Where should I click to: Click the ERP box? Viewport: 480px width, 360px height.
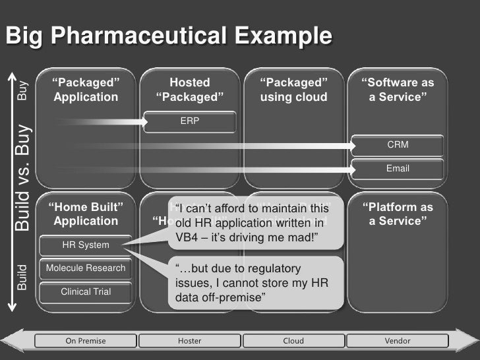pyautogui.click(x=190, y=121)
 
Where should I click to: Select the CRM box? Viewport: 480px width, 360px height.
pyautogui.click(x=398, y=144)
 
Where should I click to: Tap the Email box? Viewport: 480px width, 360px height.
pyautogui.click(x=398, y=169)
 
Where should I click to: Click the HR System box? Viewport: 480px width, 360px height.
pyautogui.click(x=86, y=245)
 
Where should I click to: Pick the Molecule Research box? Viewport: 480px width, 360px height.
pyautogui.click(x=86, y=268)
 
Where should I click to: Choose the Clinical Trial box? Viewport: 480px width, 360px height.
pyautogui.click(x=86, y=291)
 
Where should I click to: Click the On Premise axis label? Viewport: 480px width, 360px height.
pyautogui.click(x=86, y=341)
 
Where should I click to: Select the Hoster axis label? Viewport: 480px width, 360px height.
pyautogui.click(x=190, y=341)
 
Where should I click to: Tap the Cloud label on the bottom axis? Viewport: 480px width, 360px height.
pyautogui.click(x=293, y=341)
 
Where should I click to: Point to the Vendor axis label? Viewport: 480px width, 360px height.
pyautogui.click(x=398, y=341)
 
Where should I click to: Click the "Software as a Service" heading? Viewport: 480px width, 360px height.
pyautogui.click(x=398, y=90)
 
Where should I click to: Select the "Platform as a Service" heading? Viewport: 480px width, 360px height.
pyautogui.click(x=398, y=214)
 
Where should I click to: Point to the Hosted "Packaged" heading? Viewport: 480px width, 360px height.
pyautogui.click(x=190, y=90)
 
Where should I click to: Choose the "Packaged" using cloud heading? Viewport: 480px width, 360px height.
pyautogui.click(x=293, y=90)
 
